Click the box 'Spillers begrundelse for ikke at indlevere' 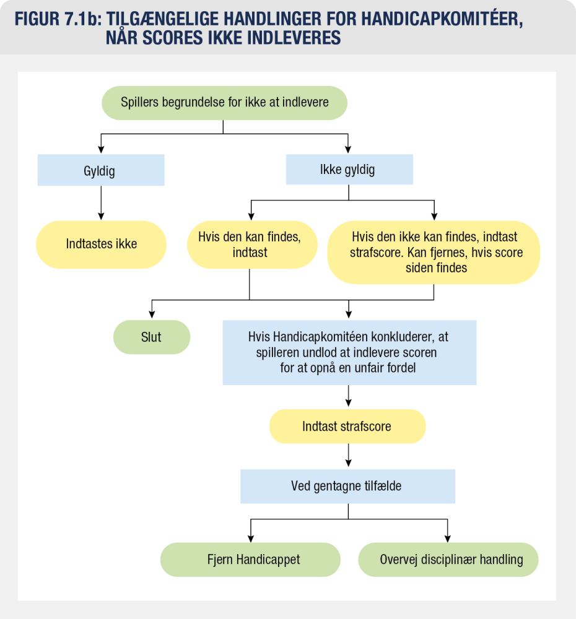[x=224, y=103]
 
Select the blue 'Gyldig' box [x=100, y=170]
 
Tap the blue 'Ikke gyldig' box [x=348, y=170]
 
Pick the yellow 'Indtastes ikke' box [x=102, y=244]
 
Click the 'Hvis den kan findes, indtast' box [x=250, y=245]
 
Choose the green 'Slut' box [x=151, y=337]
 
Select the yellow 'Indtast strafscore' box [x=347, y=426]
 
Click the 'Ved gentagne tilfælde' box [x=347, y=486]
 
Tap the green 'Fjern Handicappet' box [x=250, y=560]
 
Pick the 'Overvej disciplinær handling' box [x=448, y=560]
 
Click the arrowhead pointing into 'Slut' [x=152, y=315]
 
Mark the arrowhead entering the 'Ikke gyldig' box [x=348, y=149]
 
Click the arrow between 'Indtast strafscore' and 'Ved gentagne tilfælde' [x=349, y=456]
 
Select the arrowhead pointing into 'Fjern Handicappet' [x=250, y=537]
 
